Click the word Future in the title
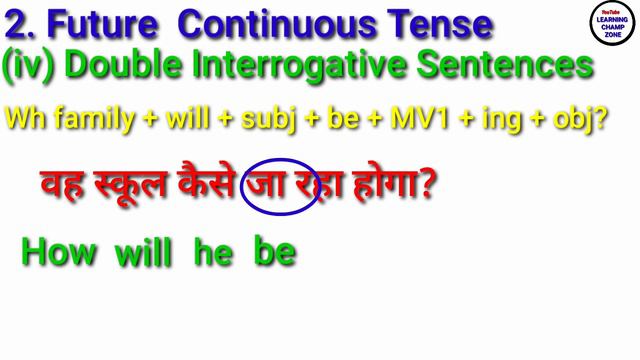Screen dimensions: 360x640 [x=110, y=22]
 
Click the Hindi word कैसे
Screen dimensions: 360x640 [x=210, y=184]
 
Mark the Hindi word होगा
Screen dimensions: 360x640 [x=391, y=184]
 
